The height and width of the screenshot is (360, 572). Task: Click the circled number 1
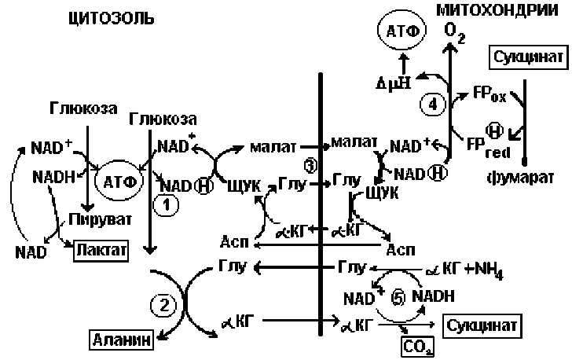(x=167, y=204)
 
